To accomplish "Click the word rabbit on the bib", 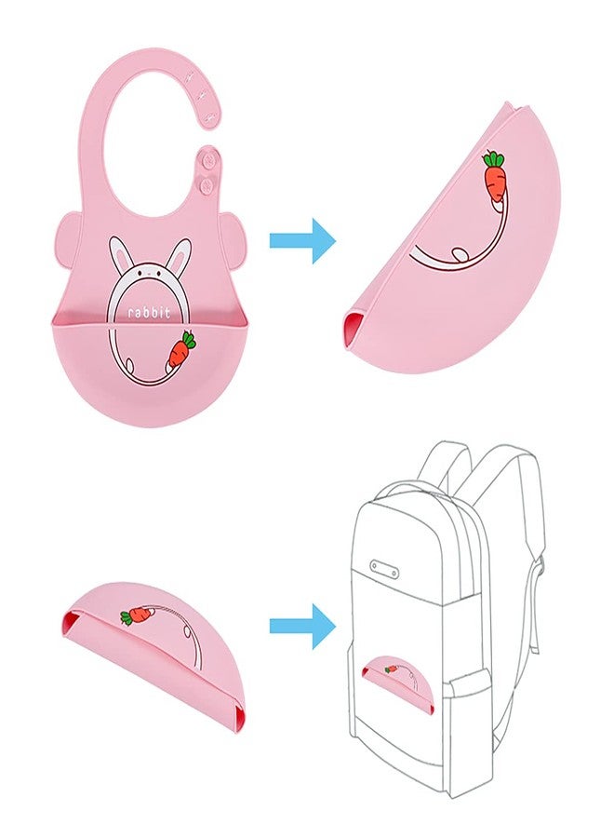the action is [x=149, y=312].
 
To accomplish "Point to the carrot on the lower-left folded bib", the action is [x=139, y=615].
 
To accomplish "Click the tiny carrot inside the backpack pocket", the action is [x=392, y=668].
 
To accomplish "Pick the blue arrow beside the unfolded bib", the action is [x=302, y=240].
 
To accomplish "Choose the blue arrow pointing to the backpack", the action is [x=302, y=626].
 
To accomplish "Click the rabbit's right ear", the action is [x=180, y=255].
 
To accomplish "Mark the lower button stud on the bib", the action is [x=207, y=185].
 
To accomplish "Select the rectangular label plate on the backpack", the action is [x=384, y=569].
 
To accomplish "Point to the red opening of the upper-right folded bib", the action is [x=351, y=330].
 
